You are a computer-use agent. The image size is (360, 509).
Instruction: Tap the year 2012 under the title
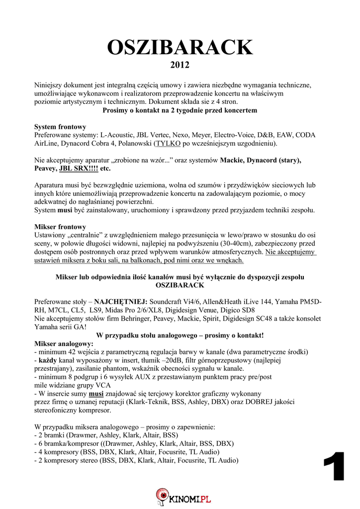[180, 65]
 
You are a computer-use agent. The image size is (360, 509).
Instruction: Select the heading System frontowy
[60, 127]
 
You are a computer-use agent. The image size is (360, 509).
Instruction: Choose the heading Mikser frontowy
[60, 227]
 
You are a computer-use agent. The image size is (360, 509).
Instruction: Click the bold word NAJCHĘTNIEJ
[121, 302]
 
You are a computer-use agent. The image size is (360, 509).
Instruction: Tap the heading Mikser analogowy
[64, 343]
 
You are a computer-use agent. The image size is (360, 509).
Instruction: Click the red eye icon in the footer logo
[162, 495]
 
